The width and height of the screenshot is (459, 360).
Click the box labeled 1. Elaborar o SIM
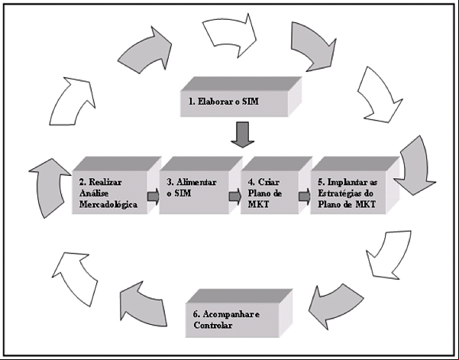click(241, 97)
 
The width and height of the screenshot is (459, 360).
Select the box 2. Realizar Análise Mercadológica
click(117, 186)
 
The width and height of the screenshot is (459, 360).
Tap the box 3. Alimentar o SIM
click(201, 186)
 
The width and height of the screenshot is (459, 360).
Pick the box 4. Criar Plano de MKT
click(276, 186)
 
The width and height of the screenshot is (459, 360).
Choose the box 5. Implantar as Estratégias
click(355, 186)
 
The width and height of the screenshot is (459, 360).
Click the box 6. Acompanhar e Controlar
click(239, 313)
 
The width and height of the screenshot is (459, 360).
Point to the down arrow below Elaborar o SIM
click(243, 135)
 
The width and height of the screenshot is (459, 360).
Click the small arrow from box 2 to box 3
click(153, 196)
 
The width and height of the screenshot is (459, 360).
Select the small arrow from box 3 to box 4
click(235, 196)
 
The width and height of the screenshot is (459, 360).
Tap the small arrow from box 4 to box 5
click(305, 196)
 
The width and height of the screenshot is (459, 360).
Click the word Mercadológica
click(108, 205)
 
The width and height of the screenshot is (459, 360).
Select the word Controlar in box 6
click(213, 326)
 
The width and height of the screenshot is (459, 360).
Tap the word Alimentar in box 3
click(196, 182)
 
